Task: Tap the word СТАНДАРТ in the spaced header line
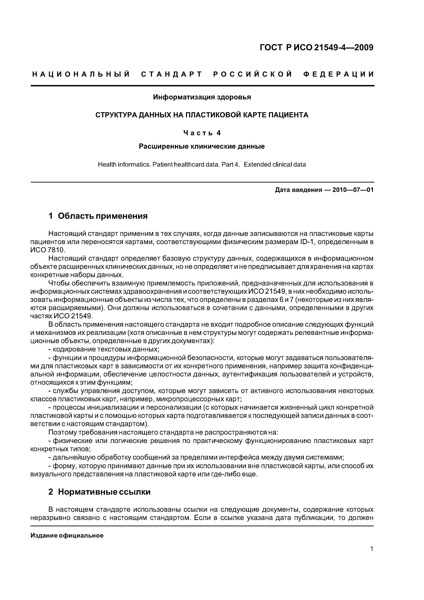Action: (x=172, y=74)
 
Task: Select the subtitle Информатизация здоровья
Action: (x=202, y=97)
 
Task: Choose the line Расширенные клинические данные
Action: (x=202, y=146)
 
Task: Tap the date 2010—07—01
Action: (x=353, y=190)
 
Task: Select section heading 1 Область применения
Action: (x=98, y=216)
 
